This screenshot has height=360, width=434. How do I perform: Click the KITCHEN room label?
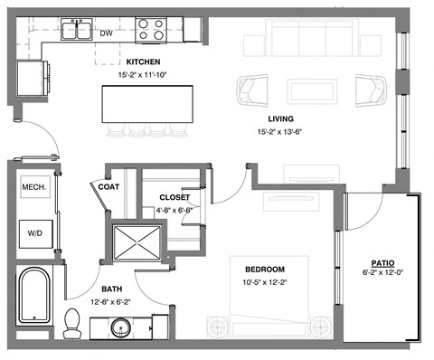pos(143,62)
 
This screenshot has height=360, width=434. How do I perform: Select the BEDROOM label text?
pos(265,269)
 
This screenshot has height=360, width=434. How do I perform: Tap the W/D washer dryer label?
pos(34,232)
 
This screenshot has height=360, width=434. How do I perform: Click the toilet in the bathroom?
pos(72,321)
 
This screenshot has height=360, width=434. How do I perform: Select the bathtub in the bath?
pos(35,296)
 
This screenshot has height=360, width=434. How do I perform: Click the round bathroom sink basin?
pos(141,326)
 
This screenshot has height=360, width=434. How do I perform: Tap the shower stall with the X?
pos(136,244)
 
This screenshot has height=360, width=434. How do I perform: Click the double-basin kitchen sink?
pos(77,30)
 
